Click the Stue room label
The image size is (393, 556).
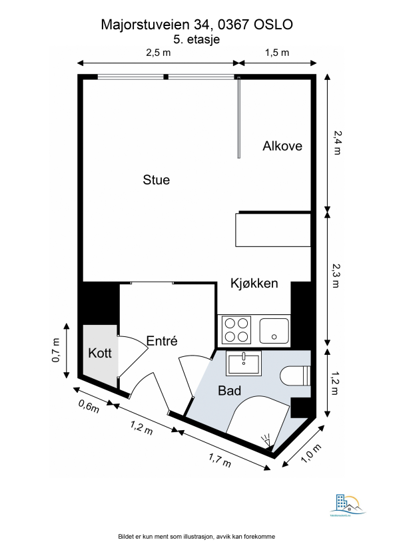coord(157,180)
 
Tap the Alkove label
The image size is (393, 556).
coord(282,146)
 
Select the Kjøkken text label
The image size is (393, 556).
coord(254,284)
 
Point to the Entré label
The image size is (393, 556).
coord(162,341)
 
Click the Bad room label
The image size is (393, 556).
coord(229,391)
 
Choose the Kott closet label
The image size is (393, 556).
coord(100,353)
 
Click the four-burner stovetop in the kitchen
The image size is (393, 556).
coord(236,329)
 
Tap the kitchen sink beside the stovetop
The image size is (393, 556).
coord(274,329)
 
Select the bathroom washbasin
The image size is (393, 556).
coord(243,364)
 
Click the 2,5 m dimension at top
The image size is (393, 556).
coord(158,53)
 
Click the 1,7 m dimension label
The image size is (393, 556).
coord(220,459)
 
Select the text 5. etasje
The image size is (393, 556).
coord(196,39)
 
